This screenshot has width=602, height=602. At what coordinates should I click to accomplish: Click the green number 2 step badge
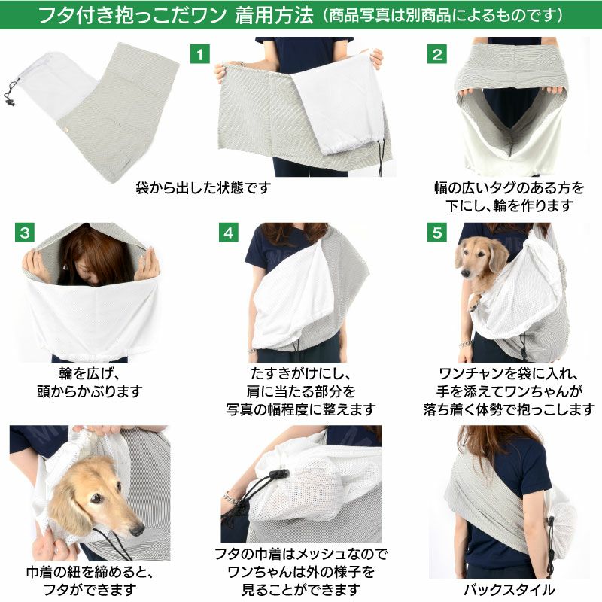pyautogui.click(x=437, y=54)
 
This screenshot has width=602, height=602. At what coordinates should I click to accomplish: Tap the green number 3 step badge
pyautogui.click(x=26, y=233)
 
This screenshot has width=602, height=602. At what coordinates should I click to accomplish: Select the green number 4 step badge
pyautogui.click(x=229, y=233)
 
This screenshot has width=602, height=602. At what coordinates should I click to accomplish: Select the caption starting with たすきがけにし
pyautogui.click(x=300, y=392)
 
